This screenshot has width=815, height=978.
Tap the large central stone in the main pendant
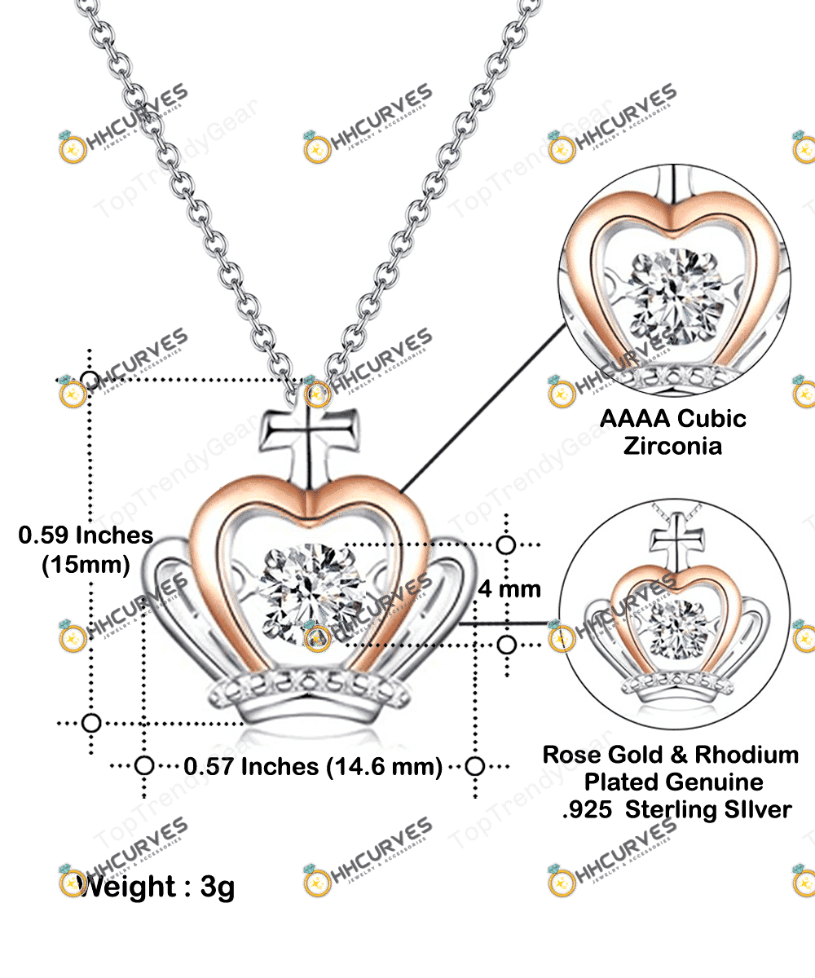(x=304, y=593)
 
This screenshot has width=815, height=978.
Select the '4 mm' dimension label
(x=509, y=588)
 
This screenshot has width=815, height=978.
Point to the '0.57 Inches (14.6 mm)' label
(x=313, y=767)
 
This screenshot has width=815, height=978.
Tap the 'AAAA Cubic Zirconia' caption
(x=673, y=432)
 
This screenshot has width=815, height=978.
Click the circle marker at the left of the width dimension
(x=144, y=766)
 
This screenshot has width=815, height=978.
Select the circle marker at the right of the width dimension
(x=475, y=766)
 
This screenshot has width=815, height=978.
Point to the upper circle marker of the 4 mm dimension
(x=506, y=545)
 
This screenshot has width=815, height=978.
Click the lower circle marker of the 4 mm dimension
(x=506, y=645)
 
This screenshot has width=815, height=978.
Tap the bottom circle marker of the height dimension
(x=91, y=722)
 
